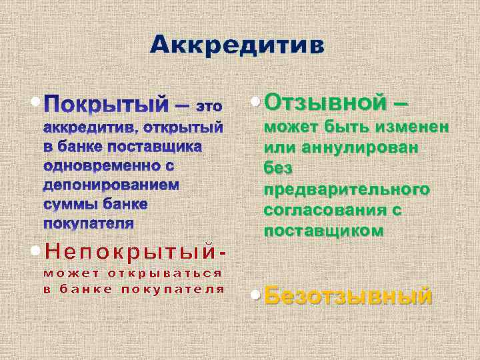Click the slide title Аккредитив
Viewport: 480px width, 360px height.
coord(237,45)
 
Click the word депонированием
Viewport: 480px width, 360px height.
coord(111,183)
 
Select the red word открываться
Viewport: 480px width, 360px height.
coord(166,273)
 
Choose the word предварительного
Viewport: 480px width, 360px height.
coord(347,189)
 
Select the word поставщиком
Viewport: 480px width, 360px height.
coord(324,231)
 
